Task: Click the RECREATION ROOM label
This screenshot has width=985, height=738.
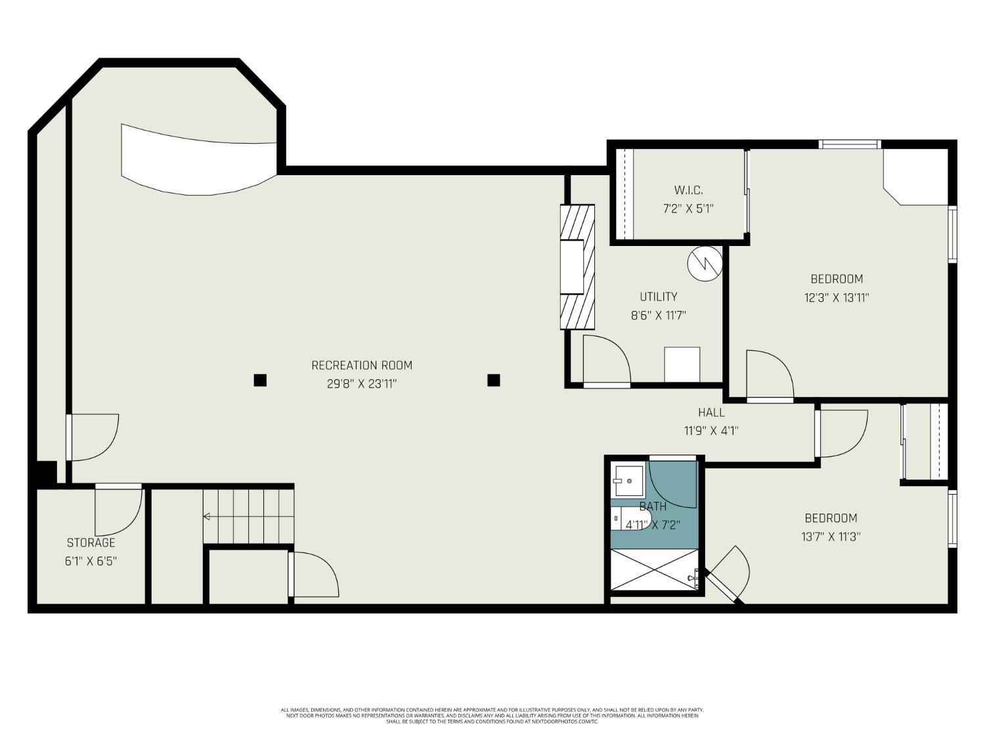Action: click(x=362, y=365)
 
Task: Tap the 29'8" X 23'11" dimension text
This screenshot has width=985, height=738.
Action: click(x=362, y=384)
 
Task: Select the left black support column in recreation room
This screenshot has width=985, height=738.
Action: click(x=260, y=380)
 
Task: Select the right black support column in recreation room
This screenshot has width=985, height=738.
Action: click(x=494, y=380)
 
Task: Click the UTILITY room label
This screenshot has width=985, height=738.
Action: click(x=658, y=297)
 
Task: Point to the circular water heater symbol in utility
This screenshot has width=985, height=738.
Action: click(x=705, y=263)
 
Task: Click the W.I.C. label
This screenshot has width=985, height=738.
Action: click(x=688, y=190)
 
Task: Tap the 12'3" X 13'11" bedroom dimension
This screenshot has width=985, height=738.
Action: click(x=837, y=297)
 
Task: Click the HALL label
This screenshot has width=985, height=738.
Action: click(x=711, y=412)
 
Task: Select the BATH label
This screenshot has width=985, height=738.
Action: click(x=653, y=506)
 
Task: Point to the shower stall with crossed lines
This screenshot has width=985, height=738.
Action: click(x=654, y=569)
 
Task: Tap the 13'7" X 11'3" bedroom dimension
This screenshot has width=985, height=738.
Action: click(x=831, y=537)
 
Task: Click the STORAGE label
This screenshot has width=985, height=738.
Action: click(x=91, y=543)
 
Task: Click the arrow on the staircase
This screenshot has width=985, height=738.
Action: click(x=208, y=517)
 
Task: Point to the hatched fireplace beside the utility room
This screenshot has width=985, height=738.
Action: click(x=577, y=267)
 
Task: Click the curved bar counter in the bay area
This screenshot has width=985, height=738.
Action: click(x=197, y=161)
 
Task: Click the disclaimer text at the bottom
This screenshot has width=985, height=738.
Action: click(x=492, y=716)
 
